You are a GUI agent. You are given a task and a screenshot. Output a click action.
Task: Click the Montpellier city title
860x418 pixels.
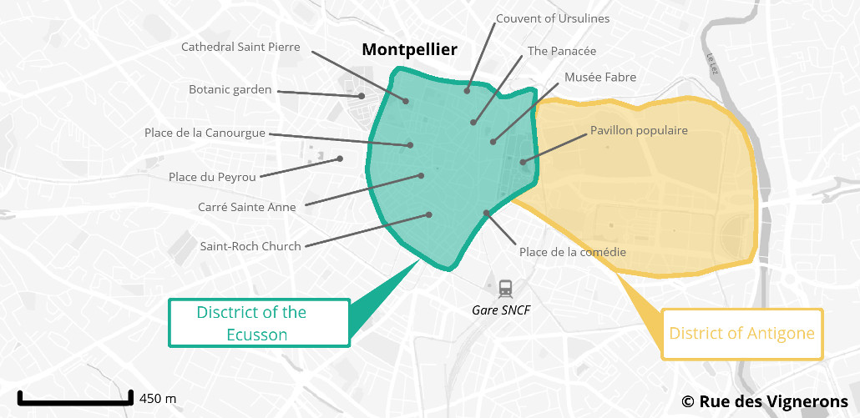pos(409,50)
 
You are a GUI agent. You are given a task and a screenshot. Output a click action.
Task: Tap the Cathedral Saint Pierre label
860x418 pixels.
pos(240,47)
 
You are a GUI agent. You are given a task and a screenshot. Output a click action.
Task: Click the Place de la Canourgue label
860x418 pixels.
pos(205,133)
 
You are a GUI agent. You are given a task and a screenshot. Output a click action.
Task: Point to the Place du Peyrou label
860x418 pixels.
pos(211,177)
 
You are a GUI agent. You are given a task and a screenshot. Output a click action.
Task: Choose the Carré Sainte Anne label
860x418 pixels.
pos(246,207)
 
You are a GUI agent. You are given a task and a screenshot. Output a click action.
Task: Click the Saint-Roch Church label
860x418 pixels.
pos(250,246)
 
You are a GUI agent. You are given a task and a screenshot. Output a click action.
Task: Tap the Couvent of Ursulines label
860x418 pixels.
pos(553,18)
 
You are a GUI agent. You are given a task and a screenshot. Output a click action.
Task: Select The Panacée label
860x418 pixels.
pos(561,51)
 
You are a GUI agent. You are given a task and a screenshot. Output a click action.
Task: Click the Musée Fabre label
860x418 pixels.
pos(600,77)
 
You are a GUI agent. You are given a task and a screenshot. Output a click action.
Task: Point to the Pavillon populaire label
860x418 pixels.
pos(639,130)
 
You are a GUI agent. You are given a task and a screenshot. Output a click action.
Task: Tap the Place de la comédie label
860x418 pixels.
pos(573,252)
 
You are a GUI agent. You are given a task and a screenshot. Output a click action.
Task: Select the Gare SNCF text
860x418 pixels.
pos(501,310)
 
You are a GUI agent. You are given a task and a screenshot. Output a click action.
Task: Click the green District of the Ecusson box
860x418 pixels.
pos(259,323)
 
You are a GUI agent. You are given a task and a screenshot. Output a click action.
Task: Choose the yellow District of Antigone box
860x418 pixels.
pos(741,334)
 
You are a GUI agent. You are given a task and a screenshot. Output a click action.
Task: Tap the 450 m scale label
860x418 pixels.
pos(158,398)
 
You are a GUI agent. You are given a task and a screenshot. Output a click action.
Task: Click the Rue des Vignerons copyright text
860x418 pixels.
pos(764,401)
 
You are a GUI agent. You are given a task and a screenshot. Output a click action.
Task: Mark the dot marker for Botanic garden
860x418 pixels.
pos(362,96)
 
